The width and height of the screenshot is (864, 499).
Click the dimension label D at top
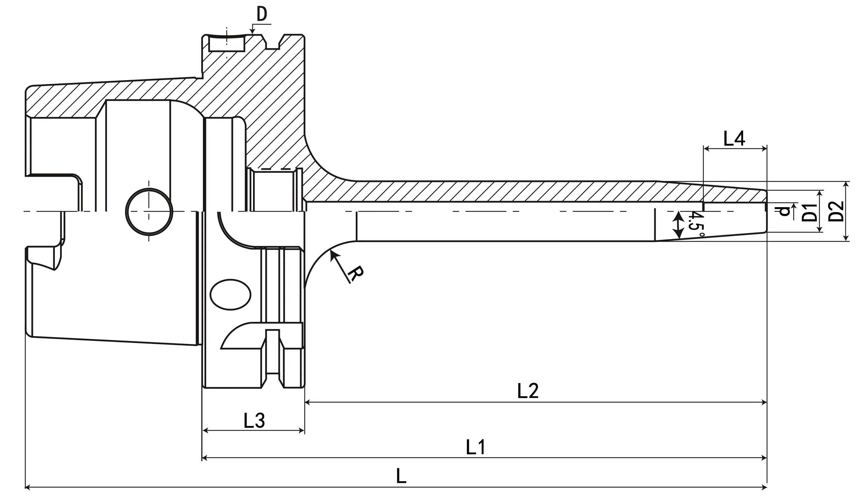[262, 15]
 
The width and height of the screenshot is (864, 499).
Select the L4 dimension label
[734, 139]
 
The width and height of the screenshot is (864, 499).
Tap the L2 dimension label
[528, 391]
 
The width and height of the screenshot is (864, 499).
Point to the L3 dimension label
[254, 421]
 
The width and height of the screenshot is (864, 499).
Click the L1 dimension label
[476, 447]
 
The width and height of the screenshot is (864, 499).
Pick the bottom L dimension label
[401, 476]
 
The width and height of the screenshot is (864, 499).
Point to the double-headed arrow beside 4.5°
[678, 225]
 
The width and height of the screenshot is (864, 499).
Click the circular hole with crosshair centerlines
[149, 212]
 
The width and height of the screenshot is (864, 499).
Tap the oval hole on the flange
[230, 295]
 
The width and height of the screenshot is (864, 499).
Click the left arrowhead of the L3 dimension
[205, 430]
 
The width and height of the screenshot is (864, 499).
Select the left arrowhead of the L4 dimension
[706, 149]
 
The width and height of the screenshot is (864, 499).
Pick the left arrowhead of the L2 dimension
[307, 402]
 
